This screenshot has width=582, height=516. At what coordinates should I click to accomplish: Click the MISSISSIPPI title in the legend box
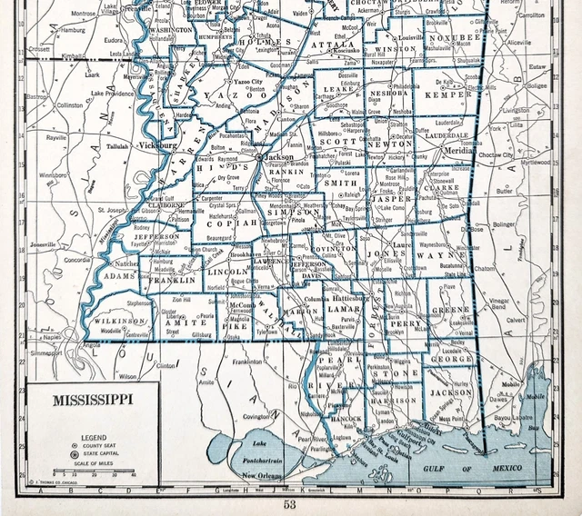(x=92, y=398)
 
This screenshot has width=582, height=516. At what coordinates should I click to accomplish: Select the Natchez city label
(x=125, y=263)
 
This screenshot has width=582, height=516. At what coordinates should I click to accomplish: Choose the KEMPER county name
(x=453, y=93)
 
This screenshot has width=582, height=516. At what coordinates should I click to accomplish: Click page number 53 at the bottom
(x=289, y=505)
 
